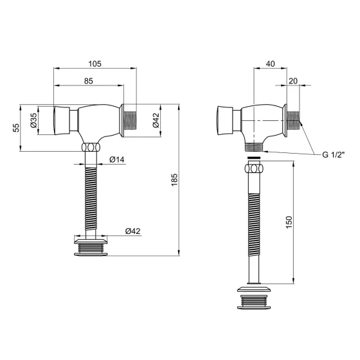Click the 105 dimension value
pyautogui.click(x=94, y=64)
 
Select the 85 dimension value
pyautogui.click(x=89, y=81)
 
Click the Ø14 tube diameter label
pyautogui.click(x=116, y=159)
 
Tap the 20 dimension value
pyautogui.click(x=293, y=81)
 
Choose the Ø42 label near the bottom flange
pyautogui.click(x=132, y=231)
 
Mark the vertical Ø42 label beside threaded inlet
pyautogui.click(x=156, y=120)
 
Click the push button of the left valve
pyautogui.click(x=60, y=121)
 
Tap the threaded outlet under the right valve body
pyautogui.click(x=256, y=147)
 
